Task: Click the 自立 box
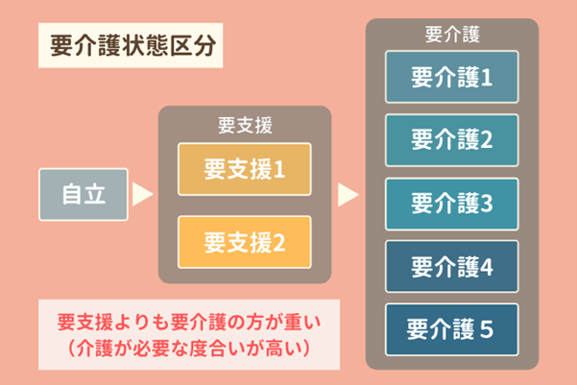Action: (84, 194)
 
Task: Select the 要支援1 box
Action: (245, 170)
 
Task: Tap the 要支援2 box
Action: (245, 242)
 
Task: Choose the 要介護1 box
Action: (451, 77)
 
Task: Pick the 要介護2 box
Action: (451, 139)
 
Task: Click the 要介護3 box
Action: (451, 203)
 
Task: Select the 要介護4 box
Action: (451, 266)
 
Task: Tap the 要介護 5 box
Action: (451, 329)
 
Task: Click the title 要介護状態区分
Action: (126, 44)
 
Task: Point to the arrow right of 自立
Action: (142, 194)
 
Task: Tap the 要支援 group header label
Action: (245, 125)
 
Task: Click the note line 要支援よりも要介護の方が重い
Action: (186, 321)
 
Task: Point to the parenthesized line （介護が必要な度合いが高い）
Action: (186, 344)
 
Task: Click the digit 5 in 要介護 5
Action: (485, 329)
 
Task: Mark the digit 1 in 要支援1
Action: (279, 170)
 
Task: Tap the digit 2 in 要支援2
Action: (279, 242)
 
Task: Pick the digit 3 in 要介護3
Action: (485, 203)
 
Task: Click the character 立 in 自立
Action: (96, 194)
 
